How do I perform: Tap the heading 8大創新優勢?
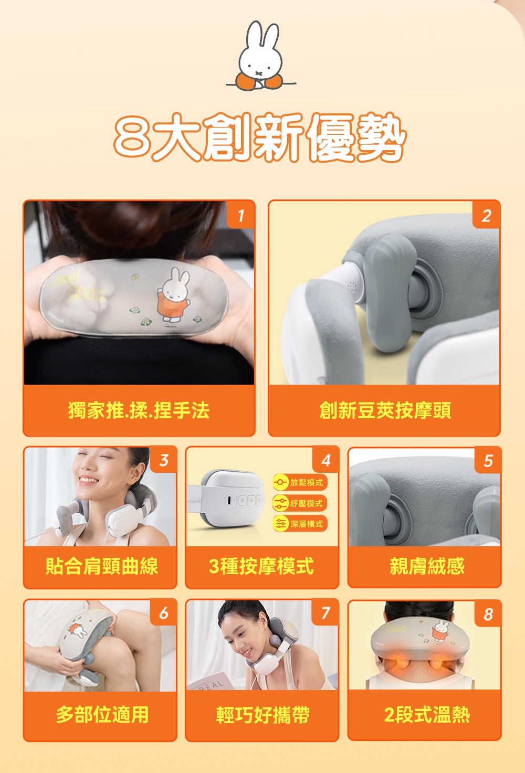pyautogui.click(x=260, y=138)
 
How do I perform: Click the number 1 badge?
pyautogui.click(x=240, y=215)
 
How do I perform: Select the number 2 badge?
pyautogui.click(x=486, y=215)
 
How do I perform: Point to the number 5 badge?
pyautogui.click(x=488, y=460)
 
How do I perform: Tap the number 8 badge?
pyautogui.click(x=488, y=613)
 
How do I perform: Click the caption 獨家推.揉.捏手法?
pyautogui.click(x=139, y=410)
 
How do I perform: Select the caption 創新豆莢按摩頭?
pyautogui.click(x=384, y=410)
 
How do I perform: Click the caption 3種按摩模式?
pyautogui.click(x=261, y=566)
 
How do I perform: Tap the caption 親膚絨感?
pyautogui.click(x=426, y=566)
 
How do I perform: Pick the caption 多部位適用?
pyautogui.click(x=102, y=715)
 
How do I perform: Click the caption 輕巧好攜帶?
pyautogui.click(x=262, y=715)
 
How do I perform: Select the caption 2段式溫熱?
pyautogui.click(x=426, y=715)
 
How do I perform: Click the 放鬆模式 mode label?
pyautogui.click(x=299, y=482)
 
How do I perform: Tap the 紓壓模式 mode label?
pyautogui.click(x=299, y=503)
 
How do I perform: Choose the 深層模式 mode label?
pyautogui.click(x=299, y=524)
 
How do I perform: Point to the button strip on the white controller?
pyautogui.click(x=243, y=500)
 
